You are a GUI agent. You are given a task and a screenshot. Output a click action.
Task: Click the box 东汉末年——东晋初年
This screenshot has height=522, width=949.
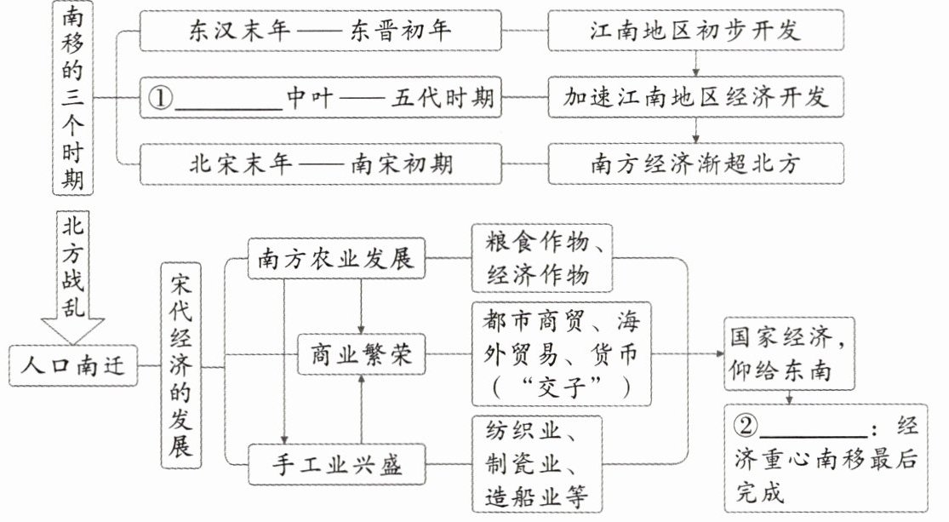pyautogui.click(x=320, y=31)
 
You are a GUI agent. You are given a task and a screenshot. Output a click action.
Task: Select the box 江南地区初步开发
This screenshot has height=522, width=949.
pyautogui.click(x=695, y=31)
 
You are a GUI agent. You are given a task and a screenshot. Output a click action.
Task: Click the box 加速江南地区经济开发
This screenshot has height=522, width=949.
pyautogui.click(x=695, y=97)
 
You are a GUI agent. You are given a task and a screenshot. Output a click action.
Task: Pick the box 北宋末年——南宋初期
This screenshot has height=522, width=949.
pyautogui.click(x=320, y=163)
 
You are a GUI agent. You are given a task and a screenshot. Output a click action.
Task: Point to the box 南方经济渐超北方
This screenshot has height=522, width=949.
pyautogui.click(x=695, y=163)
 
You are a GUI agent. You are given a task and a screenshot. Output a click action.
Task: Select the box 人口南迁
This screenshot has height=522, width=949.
pyautogui.click(x=73, y=366)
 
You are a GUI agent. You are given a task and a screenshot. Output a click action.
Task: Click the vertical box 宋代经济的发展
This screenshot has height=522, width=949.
pyautogui.click(x=181, y=365)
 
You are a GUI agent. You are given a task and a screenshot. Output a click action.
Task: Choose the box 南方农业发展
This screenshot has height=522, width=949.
pyautogui.click(x=336, y=259)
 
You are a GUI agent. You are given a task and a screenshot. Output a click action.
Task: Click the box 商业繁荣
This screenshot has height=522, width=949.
pyautogui.click(x=362, y=354)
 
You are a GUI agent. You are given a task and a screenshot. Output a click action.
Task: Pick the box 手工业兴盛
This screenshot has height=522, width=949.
pyautogui.click(x=336, y=464)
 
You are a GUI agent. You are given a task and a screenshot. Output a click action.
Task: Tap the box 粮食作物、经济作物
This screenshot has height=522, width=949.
pyautogui.click(x=542, y=258)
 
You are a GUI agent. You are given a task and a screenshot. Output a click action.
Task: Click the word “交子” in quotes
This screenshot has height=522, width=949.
pyautogui.click(x=563, y=387)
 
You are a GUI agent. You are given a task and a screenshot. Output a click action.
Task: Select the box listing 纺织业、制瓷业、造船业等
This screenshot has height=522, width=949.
pyautogui.click(x=537, y=464)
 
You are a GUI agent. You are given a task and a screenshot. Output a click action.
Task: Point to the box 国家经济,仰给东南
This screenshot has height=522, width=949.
pyautogui.click(x=789, y=353)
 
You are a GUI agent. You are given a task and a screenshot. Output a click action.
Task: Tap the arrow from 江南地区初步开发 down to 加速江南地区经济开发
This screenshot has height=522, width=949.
pyautogui.click(x=696, y=64)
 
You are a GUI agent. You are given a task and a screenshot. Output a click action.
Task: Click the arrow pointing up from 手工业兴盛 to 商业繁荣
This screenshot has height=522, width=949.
pyautogui.click(x=362, y=410)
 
